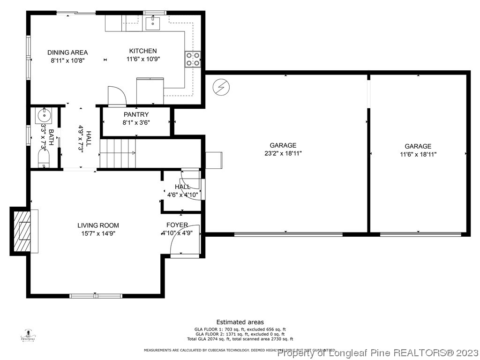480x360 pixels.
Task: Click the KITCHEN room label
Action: click(143, 51)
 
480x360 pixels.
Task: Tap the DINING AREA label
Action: click(67, 52)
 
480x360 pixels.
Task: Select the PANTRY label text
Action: click(136, 114)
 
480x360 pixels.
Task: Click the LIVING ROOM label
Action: click(98, 225)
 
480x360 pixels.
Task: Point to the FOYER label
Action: click(177, 225)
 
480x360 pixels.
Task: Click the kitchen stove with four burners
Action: click(193, 59)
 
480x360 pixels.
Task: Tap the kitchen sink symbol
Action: click(153, 22)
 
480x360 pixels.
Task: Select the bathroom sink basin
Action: click(45, 114)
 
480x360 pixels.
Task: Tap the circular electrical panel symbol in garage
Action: click(220, 87)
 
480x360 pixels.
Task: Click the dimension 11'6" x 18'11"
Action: click(418, 154)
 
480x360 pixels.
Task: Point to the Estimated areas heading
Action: click(240, 322)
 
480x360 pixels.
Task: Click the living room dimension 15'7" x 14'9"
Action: click(98, 233)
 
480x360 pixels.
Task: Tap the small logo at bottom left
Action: click(29, 336)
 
